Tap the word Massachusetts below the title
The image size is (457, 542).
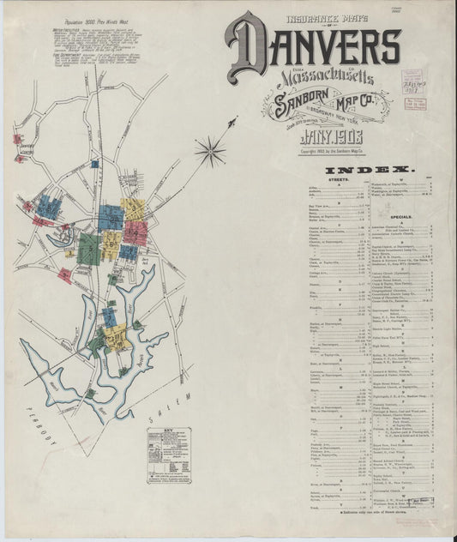tap(325, 77)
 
